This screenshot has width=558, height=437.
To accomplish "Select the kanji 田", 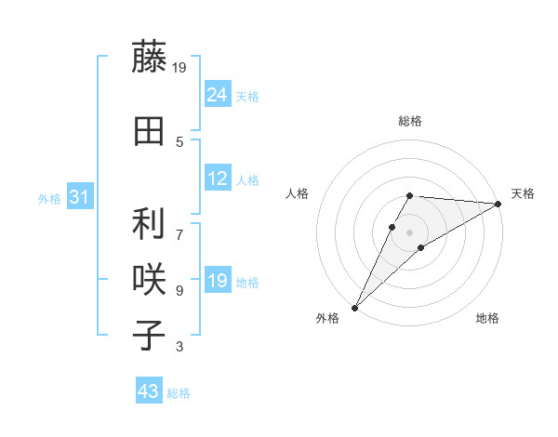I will pos(149,132).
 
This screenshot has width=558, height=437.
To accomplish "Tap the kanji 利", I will pos(149,224).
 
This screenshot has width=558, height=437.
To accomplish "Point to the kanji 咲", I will pos(149,280).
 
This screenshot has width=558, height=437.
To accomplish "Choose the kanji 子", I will pos(149,336).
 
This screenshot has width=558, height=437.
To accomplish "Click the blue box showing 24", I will pos(218,95).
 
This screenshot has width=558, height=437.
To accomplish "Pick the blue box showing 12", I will pos(218,179).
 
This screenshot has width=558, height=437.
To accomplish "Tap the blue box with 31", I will pos(79,197).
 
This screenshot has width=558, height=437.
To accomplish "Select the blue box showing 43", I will pos(149,391).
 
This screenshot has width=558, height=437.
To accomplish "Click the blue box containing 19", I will pos(218,281).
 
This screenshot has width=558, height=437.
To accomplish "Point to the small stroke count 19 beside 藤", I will pos(180,66).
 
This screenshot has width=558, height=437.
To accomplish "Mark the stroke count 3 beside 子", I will pos(179,347).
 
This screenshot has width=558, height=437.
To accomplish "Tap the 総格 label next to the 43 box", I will pos(179,393).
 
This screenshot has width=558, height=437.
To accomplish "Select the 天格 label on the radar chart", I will pos(523,192).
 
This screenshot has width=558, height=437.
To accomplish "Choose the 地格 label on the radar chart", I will pos(487,318).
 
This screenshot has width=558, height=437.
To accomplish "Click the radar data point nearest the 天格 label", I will pos(498,204).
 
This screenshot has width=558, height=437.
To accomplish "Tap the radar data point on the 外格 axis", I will pos(355,307).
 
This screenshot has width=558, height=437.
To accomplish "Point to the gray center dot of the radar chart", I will pos(409,232).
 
